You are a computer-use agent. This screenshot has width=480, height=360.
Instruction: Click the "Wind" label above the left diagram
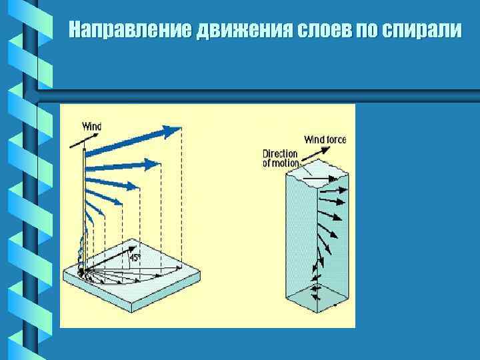tap(92, 125)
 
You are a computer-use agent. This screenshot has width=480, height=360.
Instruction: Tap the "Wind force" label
tap(325, 140)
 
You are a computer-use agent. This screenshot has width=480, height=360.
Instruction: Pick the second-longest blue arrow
tap(123, 165)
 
